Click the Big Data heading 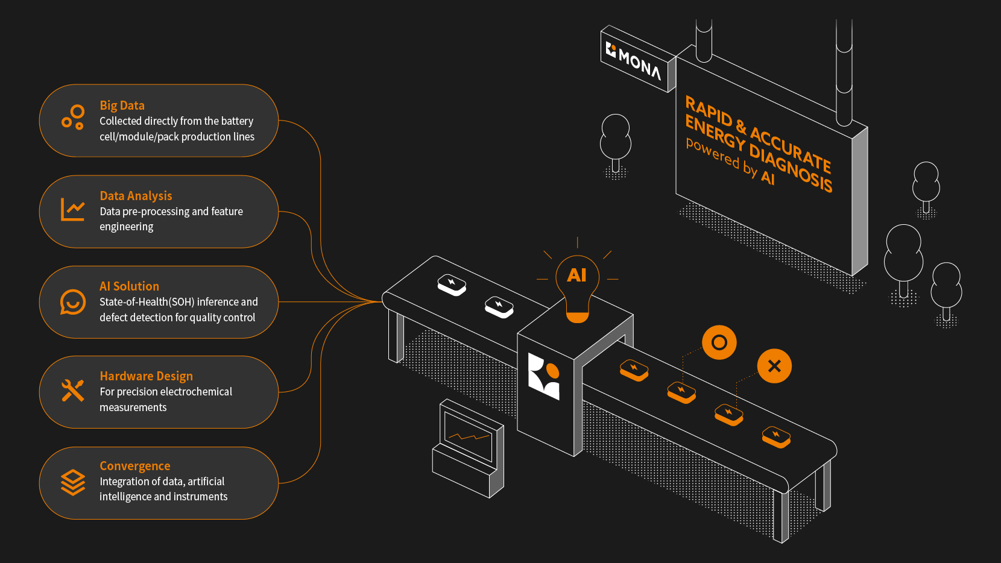[122, 105]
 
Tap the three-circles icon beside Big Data [73, 117]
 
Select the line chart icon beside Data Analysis [73, 209]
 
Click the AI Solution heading [129, 286]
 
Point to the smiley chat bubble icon [73, 302]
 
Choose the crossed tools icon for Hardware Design [73, 391]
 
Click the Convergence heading [134, 466]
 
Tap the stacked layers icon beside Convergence [73, 482]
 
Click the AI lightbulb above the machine [577, 283]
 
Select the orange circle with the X [774, 366]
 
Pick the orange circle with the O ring [719, 342]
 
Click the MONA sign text [639, 63]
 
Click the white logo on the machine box [544, 376]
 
